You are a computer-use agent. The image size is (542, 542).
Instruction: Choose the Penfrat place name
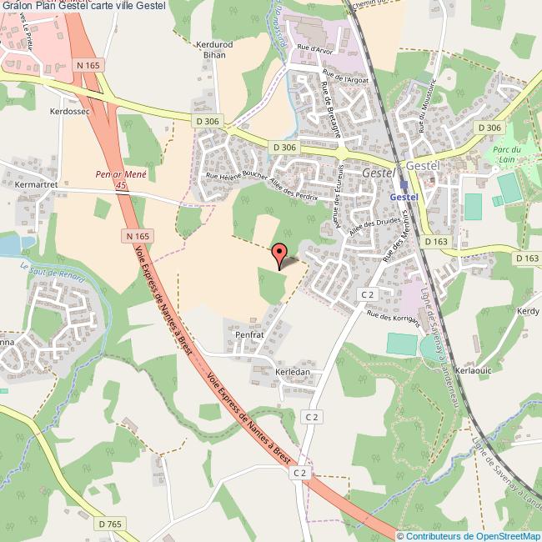tap(248, 334)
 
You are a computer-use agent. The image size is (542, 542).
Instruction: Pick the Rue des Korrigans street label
tap(392, 319)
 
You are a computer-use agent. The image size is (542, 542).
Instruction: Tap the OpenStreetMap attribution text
tap(469, 535)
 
